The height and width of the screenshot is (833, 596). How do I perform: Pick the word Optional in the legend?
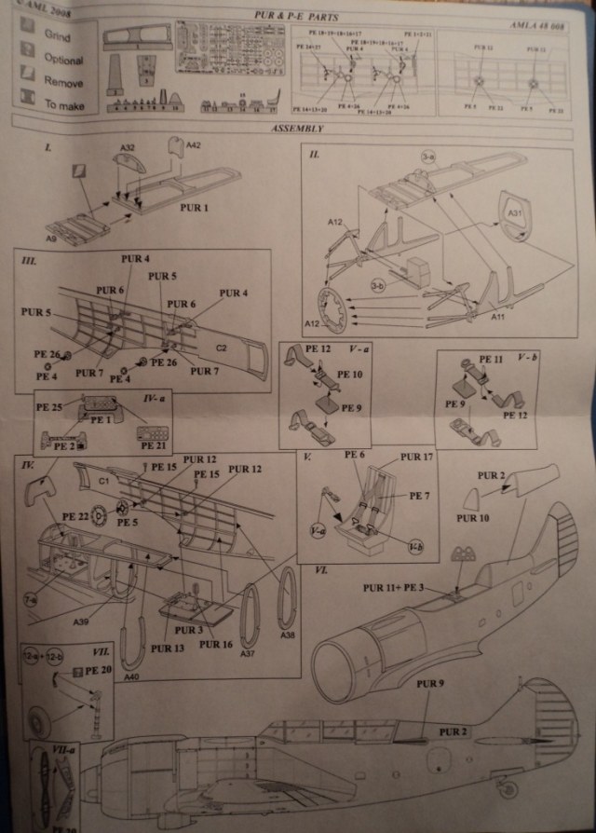(63, 59)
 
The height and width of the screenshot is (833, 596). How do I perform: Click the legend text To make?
(64, 105)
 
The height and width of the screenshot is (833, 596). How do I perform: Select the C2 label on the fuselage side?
(222, 348)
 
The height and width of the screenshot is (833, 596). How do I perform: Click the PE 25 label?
(49, 407)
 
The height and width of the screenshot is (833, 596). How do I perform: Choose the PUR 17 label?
(416, 457)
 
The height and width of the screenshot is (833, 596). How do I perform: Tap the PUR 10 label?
(473, 517)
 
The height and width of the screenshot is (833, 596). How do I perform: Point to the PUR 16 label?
(216, 644)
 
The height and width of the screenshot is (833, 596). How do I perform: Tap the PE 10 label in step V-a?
(349, 374)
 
